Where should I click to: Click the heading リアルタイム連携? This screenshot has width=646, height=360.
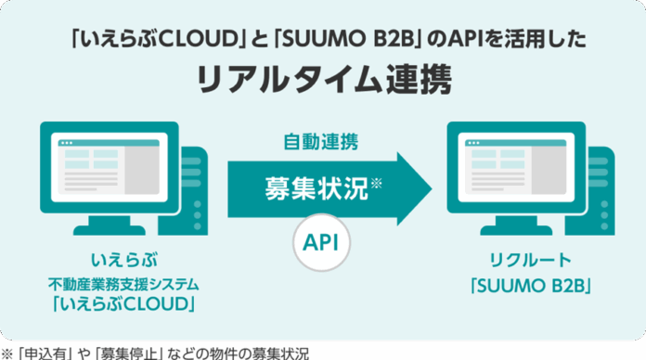point(324,79)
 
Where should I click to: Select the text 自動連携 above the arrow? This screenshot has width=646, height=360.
point(320,143)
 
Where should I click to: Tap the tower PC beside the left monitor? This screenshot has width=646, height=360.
point(189,186)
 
